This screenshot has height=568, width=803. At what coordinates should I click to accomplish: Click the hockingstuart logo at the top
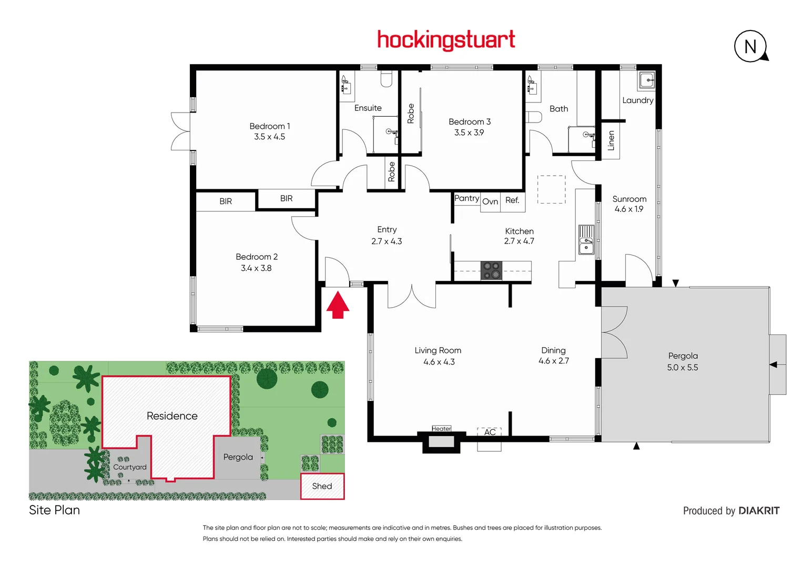tap(446, 40)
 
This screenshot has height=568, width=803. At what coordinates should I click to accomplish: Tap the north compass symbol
tap(750, 46)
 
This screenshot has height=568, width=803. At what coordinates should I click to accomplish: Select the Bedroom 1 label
tap(269, 126)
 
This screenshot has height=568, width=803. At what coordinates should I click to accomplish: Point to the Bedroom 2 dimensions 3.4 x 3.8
tap(256, 268)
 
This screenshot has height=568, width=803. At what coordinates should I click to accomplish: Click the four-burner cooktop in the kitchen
tap(491, 270)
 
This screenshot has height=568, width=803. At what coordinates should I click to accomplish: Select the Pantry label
tap(466, 198)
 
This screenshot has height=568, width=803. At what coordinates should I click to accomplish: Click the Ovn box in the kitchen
tap(490, 201)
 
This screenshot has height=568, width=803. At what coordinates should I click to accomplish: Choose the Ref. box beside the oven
tap(512, 200)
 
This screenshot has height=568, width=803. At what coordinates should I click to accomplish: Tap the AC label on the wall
tap(490, 432)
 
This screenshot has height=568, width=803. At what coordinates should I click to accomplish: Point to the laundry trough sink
tap(647, 80)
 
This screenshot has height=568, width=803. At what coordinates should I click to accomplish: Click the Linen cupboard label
tap(611, 140)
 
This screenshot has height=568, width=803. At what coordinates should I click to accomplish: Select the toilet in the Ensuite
tap(387, 79)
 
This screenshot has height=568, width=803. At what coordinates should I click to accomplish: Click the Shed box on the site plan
tap(322, 486)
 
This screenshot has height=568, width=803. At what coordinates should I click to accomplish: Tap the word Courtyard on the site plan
tap(130, 467)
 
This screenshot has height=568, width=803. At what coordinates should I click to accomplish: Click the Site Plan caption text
tap(55, 510)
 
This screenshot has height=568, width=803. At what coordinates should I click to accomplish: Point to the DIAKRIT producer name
tap(759, 511)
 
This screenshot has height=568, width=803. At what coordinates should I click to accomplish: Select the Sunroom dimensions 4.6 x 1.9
tap(629, 209)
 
